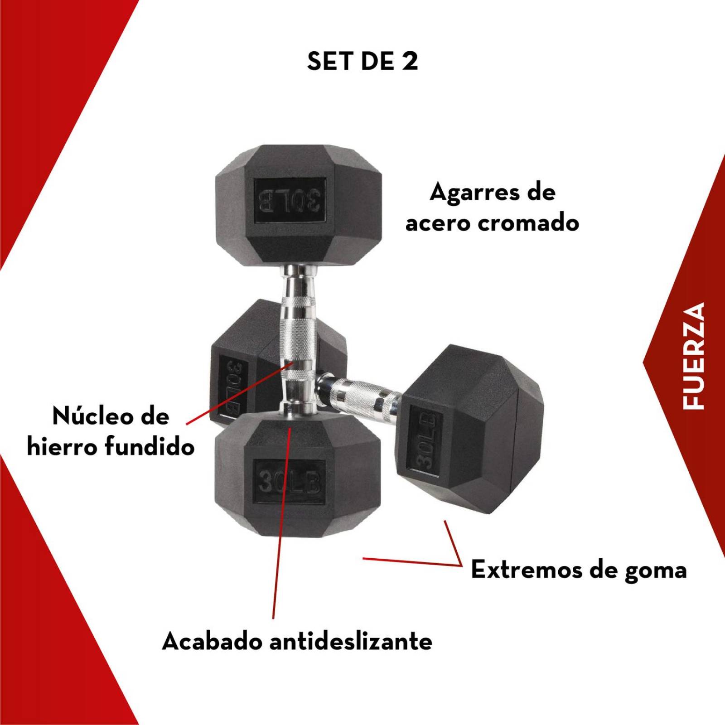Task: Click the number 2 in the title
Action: click(x=410, y=61)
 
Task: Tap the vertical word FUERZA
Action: click(x=694, y=356)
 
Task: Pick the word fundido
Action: click(x=150, y=447)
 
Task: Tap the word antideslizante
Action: click(x=351, y=641)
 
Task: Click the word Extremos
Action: click(x=526, y=570)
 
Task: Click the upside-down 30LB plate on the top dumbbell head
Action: click(x=290, y=199)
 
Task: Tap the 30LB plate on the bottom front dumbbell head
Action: click(x=289, y=482)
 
